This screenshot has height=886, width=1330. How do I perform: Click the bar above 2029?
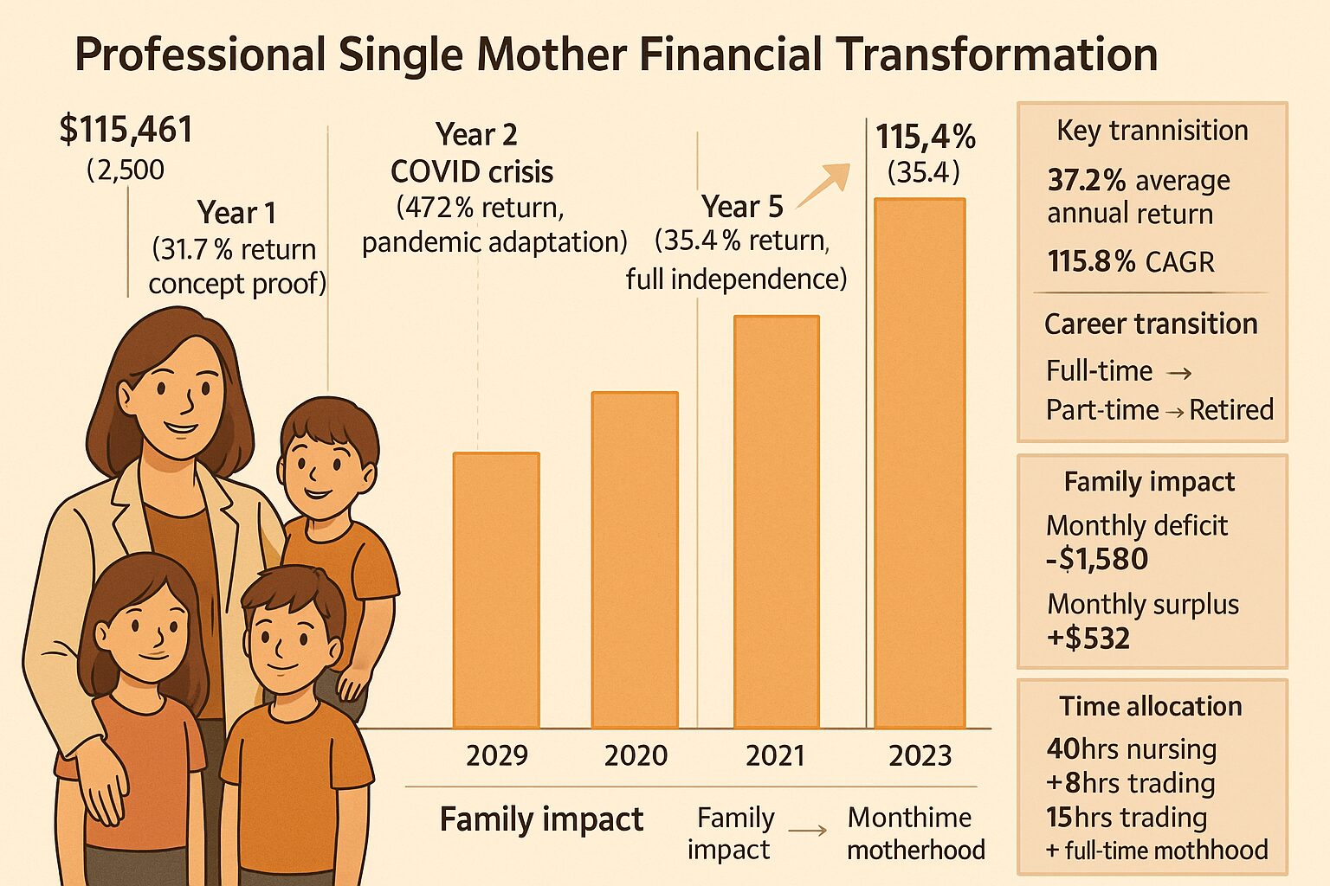point(496,590)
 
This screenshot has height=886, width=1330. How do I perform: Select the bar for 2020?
point(635,560)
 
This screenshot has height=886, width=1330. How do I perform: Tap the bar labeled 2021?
point(776,522)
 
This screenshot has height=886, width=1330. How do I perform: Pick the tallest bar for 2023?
point(919,463)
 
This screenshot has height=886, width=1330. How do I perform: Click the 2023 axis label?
point(920,755)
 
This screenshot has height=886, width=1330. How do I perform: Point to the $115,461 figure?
point(126,130)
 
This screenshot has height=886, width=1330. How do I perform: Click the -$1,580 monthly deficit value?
point(1097,560)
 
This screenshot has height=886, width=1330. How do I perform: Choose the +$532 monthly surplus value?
point(1088,639)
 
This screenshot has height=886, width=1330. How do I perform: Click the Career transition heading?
point(1151,324)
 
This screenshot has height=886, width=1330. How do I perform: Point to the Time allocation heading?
point(1151,706)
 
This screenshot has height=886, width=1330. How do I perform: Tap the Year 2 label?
point(476,135)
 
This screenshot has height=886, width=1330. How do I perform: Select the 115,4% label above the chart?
point(925,138)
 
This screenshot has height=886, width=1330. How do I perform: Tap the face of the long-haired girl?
point(147,632)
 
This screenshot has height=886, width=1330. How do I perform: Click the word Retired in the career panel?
point(1230,409)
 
